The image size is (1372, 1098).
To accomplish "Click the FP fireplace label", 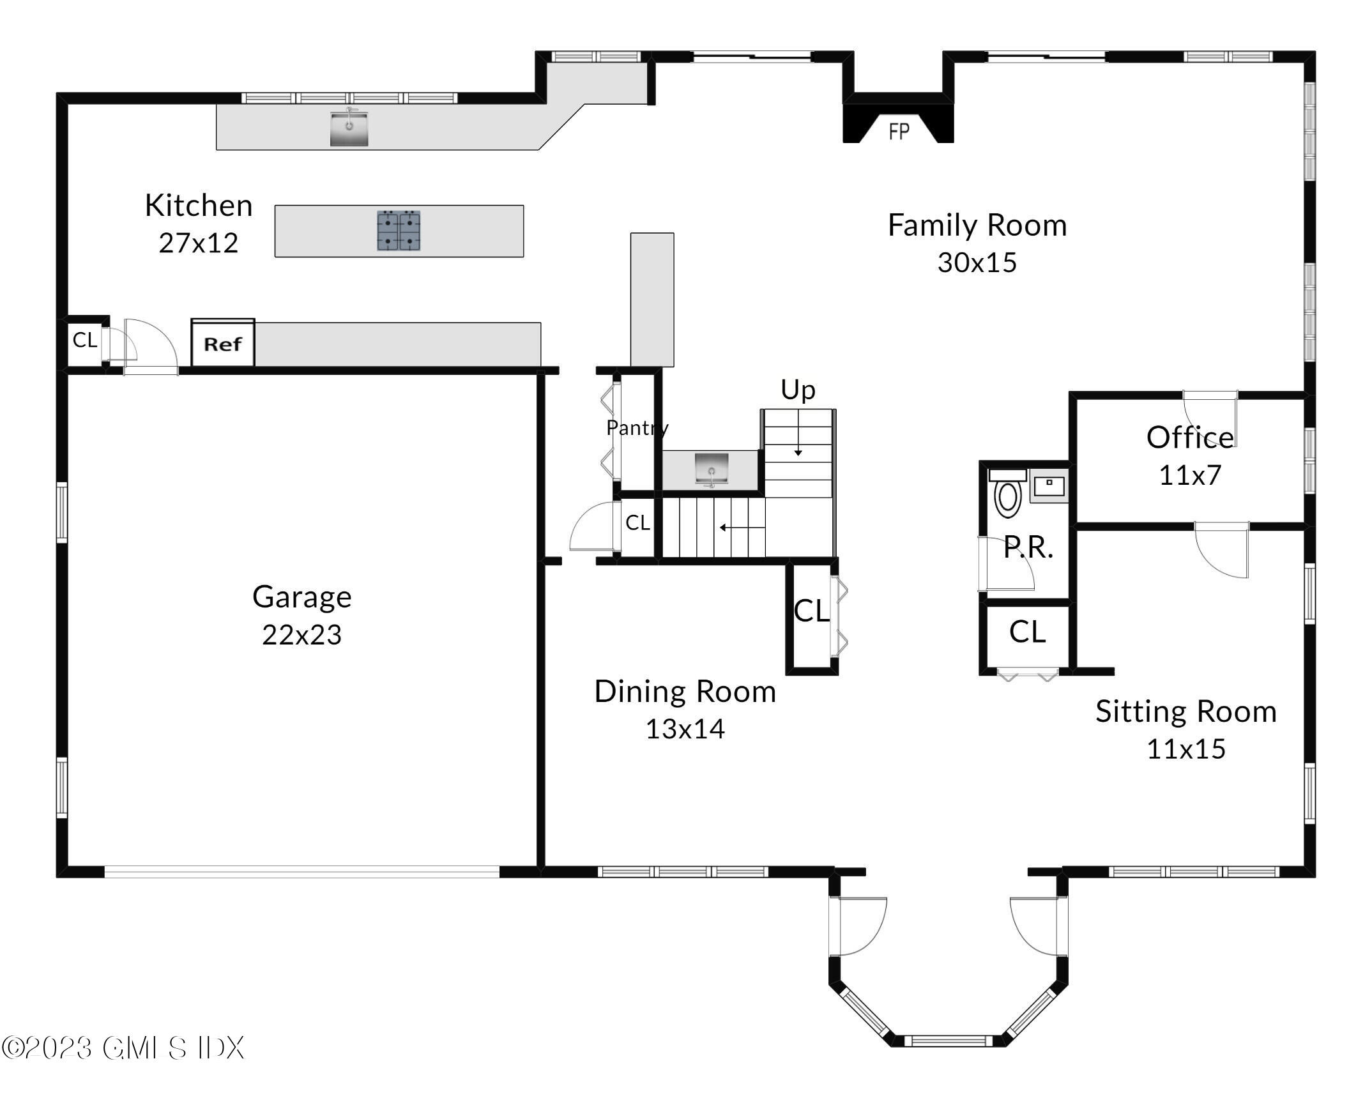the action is pyautogui.click(x=899, y=132).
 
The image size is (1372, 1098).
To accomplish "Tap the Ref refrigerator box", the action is pyautogui.click(x=223, y=343).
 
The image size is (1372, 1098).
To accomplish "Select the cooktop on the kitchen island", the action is pyautogui.click(x=399, y=230).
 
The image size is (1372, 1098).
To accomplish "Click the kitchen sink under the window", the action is pyautogui.click(x=349, y=128).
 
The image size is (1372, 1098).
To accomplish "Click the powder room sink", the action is pyautogui.click(x=1049, y=485).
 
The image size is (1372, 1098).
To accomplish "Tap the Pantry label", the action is pyautogui.click(x=637, y=427).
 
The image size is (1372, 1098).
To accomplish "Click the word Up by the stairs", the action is pyautogui.click(x=798, y=390).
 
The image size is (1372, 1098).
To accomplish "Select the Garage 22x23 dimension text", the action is pyautogui.click(x=301, y=635).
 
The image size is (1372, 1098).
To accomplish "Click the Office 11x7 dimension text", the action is pyautogui.click(x=1190, y=475).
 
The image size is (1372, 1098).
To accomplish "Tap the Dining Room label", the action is pyautogui.click(x=685, y=691).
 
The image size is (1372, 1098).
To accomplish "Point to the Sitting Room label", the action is pyautogui.click(x=1186, y=711).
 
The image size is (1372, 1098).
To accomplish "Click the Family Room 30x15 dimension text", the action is pyautogui.click(x=977, y=263).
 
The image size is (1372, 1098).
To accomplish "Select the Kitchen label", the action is pyautogui.click(x=199, y=205).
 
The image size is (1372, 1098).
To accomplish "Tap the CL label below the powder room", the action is pyautogui.click(x=1027, y=632).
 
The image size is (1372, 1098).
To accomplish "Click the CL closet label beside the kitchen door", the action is pyautogui.click(x=85, y=340).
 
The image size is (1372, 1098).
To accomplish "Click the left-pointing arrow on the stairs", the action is pyautogui.click(x=742, y=528).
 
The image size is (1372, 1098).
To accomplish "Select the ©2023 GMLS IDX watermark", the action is pyautogui.click(x=123, y=1048).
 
